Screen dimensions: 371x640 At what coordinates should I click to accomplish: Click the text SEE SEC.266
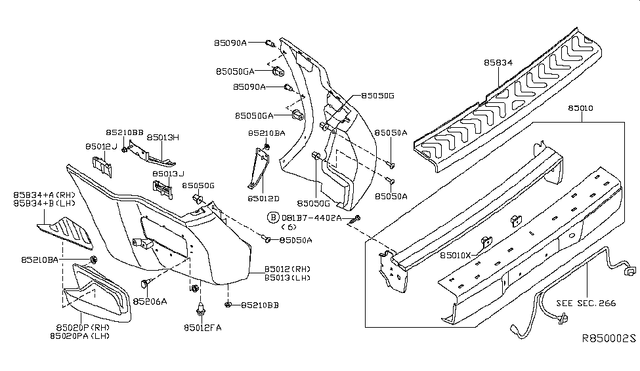click(x=586, y=303)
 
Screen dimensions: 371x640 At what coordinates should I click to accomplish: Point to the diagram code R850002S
click(x=609, y=339)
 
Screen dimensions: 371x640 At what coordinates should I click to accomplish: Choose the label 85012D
click(x=263, y=198)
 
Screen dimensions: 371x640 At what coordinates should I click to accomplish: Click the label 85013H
click(x=163, y=138)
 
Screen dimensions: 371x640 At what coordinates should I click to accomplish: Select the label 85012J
click(x=100, y=146)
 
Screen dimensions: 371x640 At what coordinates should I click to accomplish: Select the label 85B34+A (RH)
click(x=45, y=195)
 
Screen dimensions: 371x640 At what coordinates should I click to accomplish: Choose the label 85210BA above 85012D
click(x=267, y=133)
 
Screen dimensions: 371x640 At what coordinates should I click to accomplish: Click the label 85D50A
click(x=295, y=240)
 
